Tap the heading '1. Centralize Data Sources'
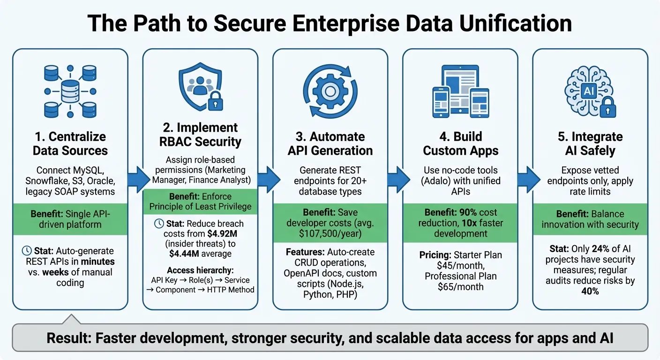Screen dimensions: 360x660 pos(70,143)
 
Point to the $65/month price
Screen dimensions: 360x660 pos(460,286)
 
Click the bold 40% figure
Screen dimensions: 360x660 pos(590,291)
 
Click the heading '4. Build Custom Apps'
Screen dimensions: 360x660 pos(460,143)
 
